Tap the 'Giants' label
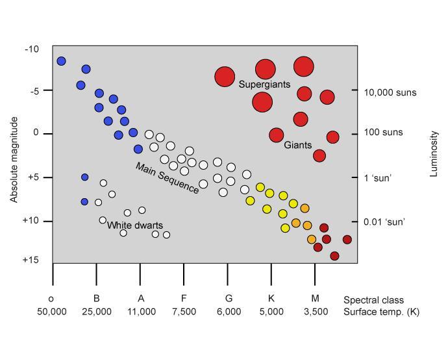pyautogui.click(x=298, y=145)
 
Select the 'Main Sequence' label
pyautogui.click(x=167, y=178)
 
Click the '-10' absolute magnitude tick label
pyautogui.click(x=32, y=49)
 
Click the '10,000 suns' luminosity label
pyautogui.click(x=390, y=93)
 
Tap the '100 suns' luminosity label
pyautogui.click(x=384, y=133)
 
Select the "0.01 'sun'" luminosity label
pyautogui.click(x=385, y=222)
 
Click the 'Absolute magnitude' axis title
pyautogui.click(x=14, y=160)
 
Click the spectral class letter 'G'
pyautogui.click(x=228, y=299)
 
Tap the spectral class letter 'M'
pyautogui.click(x=316, y=299)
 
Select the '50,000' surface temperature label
pyautogui.click(x=51, y=312)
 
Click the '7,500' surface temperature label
pyautogui.click(x=184, y=312)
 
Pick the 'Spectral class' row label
pyautogui.click(x=373, y=300)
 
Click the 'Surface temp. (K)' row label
pyautogui.click(x=381, y=312)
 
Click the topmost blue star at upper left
pyautogui.click(x=61, y=61)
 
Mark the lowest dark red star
pyautogui.click(x=334, y=256)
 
